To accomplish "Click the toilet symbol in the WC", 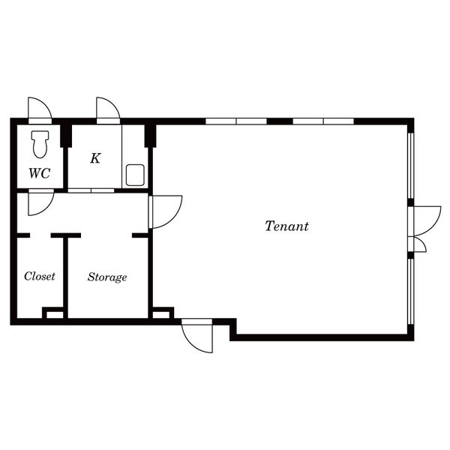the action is pyautogui.click(x=40, y=144).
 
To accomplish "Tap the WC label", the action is pyautogui.click(x=40, y=173).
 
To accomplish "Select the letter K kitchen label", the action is pyautogui.click(x=95, y=158).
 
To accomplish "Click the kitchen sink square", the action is pyautogui.click(x=135, y=175).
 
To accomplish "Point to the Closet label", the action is pyautogui.click(x=40, y=276).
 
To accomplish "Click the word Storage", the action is pyautogui.click(x=107, y=277).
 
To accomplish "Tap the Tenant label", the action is pyautogui.click(x=286, y=226).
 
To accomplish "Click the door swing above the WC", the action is pyautogui.click(x=40, y=110).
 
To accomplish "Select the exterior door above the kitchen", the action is pyautogui.click(x=108, y=110).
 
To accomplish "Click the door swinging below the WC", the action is pyautogui.click(x=41, y=202).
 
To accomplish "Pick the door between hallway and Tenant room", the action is pyautogui.click(x=165, y=212).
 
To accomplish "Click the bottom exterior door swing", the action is pyautogui.click(x=197, y=335).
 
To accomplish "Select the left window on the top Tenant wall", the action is pyautogui.click(x=236, y=121).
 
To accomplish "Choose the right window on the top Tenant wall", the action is pyautogui.click(x=323, y=121).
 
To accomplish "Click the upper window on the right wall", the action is pyautogui.click(x=411, y=165).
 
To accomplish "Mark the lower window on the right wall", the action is pyautogui.click(x=411, y=291).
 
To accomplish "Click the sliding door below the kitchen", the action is pyautogui.click(x=91, y=190).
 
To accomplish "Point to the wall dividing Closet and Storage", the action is pyautogui.click(x=65, y=277).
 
